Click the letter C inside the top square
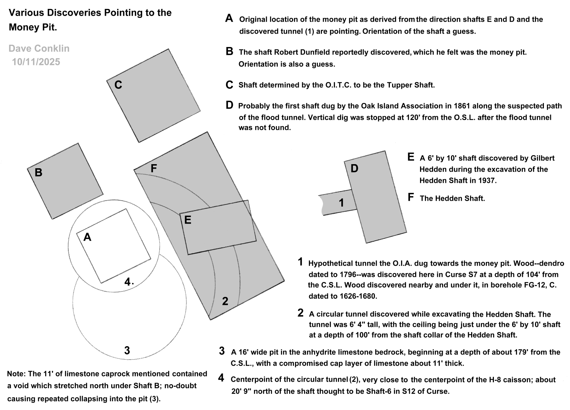(x=118, y=85)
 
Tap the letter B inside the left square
(x=38, y=173)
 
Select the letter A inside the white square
(x=87, y=237)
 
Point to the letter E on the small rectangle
(x=188, y=220)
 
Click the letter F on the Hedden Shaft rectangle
(x=154, y=169)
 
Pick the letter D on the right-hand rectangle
(x=354, y=169)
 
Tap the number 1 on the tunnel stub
(x=341, y=203)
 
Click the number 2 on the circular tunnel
(x=225, y=301)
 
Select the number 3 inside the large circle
(x=127, y=350)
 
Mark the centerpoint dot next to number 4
(x=133, y=284)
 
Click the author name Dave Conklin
(x=39, y=48)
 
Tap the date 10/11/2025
(x=36, y=62)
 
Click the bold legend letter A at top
(x=229, y=18)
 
